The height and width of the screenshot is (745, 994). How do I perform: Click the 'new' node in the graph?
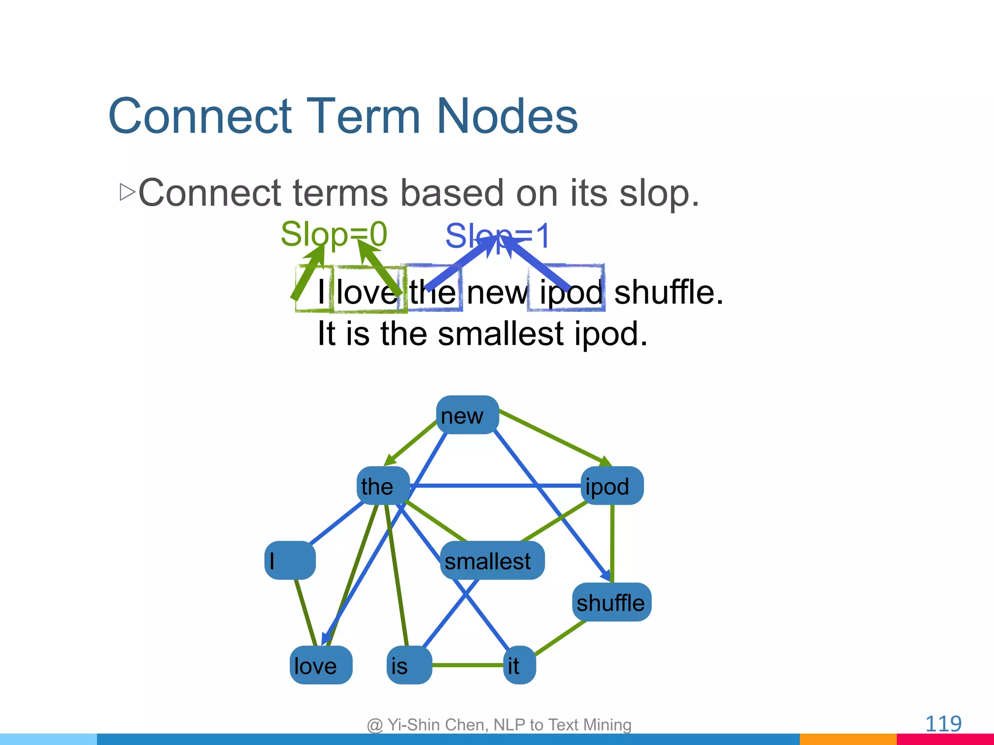(x=467, y=415)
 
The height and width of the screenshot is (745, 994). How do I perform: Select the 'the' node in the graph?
(x=383, y=486)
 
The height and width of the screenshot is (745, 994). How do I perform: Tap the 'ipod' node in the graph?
(x=612, y=486)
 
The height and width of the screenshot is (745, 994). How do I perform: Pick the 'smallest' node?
(x=492, y=561)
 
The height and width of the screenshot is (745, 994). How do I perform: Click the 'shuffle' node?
(x=611, y=602)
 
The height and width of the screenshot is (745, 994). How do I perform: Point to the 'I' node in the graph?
(x=290, y=561)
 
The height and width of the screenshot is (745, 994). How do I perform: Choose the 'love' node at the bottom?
(x=320, y=665)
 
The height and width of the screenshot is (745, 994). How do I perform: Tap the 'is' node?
(x=409, y=665)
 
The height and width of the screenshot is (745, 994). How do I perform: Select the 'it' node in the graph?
(x=519, y=665)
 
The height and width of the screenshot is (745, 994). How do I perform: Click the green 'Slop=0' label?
(x=334, y=234)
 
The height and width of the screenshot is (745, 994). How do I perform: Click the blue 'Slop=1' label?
(x=497, y=236)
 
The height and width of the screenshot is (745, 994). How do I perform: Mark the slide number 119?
(x=943, y=724)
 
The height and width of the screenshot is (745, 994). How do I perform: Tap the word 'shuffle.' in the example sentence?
(x=668, y=292)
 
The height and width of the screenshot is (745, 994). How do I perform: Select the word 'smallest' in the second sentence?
(x=500, y=334)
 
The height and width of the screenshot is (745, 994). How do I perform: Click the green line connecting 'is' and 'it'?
(x=467, y=665)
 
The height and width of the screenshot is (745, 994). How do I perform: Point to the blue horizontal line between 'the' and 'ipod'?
(x=495, y=486)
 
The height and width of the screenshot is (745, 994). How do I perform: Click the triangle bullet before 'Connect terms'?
(x=127, y=193)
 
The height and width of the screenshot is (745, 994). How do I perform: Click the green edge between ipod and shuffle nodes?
(x=612, y=543)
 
